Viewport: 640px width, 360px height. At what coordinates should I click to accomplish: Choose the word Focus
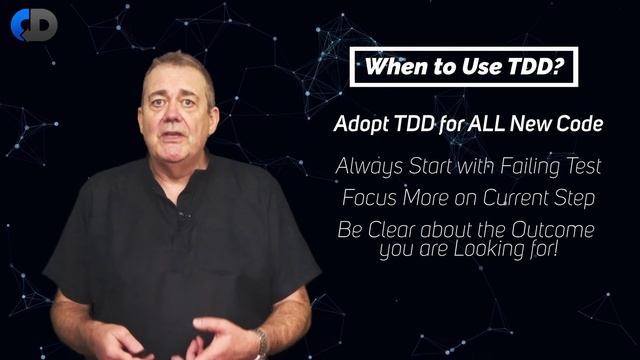[367, 197]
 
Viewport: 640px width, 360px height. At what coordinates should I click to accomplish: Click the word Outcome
[554, 230]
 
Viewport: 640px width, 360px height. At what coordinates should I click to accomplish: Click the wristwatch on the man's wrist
[261, 343]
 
